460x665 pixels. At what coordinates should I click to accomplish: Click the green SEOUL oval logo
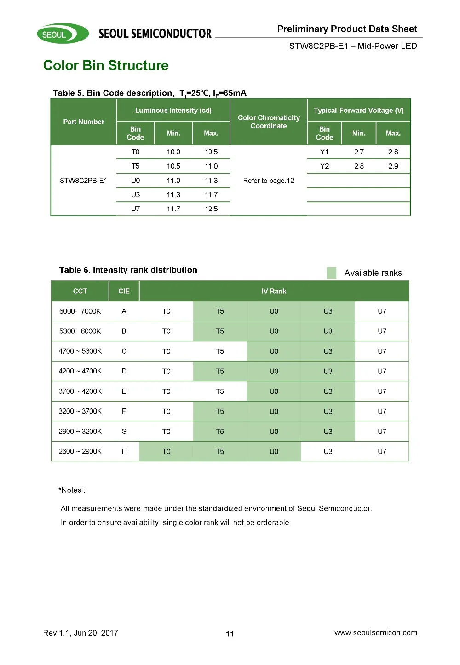(x=63, y=34)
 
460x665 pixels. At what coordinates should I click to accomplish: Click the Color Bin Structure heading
(x=106, y=65)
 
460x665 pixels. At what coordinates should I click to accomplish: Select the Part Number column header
(x=84, y=122)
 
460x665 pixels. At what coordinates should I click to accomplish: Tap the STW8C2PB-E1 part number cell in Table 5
(x=84, y=181)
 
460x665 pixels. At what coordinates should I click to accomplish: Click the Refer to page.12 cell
(x=269, y=181)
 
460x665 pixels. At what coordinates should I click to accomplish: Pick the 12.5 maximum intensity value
(x=211, y=209)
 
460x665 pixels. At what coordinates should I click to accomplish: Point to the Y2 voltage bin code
(x=324, y=166)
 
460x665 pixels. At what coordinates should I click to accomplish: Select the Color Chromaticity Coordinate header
(x=269, y=122)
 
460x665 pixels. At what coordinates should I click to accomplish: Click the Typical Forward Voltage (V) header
(x=359, y=111)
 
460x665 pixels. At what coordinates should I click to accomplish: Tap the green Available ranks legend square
(x=332, y=273)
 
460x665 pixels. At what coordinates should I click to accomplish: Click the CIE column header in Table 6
(x=124, y=291)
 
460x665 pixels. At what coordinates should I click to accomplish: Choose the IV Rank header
(x=274, y=291)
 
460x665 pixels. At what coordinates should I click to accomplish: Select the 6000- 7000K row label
(x=80, y=311)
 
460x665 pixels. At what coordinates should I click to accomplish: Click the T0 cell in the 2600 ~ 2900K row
(x=166, y=452)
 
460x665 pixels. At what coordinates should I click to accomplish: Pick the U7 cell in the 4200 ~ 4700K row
(x=382, y=371)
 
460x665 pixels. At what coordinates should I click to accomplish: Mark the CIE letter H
(x=124, y=452)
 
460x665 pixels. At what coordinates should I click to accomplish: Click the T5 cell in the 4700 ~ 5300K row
(x=220, y=351)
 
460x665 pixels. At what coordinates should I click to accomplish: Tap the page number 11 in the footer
(x=230, y=634)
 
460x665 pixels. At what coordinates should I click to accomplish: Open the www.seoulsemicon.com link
(x=376, y=633)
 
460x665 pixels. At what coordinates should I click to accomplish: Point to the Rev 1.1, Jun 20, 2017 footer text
(x=80, y=633)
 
